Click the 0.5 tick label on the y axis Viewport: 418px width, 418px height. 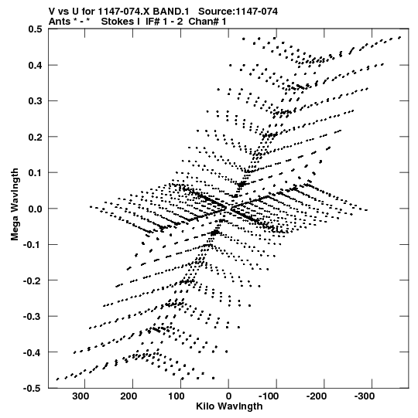36,29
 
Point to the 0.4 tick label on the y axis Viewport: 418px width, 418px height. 36,65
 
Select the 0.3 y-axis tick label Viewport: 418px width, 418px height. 36,100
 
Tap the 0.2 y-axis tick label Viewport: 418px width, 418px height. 36,137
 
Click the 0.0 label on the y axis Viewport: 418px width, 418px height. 36,209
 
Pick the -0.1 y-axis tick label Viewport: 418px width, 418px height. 33,244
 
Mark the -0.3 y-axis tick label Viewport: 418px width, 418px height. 33,317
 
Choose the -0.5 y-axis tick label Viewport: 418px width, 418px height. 33,389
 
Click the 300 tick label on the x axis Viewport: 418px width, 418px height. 81,396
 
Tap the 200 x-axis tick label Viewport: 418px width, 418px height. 128,396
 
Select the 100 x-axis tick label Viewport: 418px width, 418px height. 176,396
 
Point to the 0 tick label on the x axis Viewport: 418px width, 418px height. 228,396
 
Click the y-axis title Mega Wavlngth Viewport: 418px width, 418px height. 15,205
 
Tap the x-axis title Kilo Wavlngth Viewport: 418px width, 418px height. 229,406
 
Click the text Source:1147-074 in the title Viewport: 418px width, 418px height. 238,12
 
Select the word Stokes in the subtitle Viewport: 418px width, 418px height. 118,22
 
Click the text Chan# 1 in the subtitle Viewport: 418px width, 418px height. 207,22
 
